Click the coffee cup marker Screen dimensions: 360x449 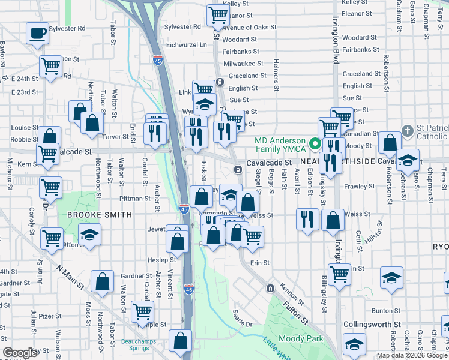coord(38,33)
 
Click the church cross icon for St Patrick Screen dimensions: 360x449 coord(407,131)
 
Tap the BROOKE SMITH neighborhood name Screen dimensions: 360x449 coord(99,214)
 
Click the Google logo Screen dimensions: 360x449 coord(20,353)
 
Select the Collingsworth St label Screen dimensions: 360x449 coord(372,325)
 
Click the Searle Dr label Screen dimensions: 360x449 coord(243,319)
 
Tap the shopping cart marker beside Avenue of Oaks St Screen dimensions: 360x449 coord(217,16)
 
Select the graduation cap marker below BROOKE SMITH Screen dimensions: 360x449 coord(89,234)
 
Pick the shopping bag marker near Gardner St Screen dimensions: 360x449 coord(103,280)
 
